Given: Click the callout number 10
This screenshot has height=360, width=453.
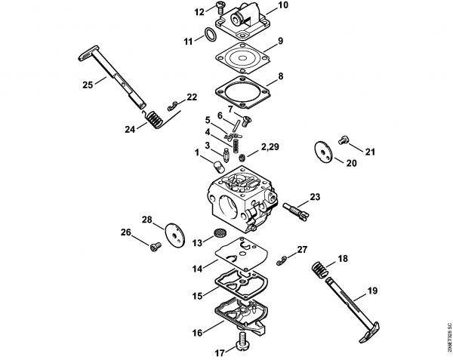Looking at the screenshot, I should [262, 5].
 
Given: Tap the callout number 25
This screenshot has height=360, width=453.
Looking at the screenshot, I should [88, 85].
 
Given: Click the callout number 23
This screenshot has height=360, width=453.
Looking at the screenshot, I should [315, 197].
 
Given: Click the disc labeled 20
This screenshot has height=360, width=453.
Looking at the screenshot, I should [325, 150].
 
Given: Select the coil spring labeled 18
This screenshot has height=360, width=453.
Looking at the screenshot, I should [320, 268].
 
